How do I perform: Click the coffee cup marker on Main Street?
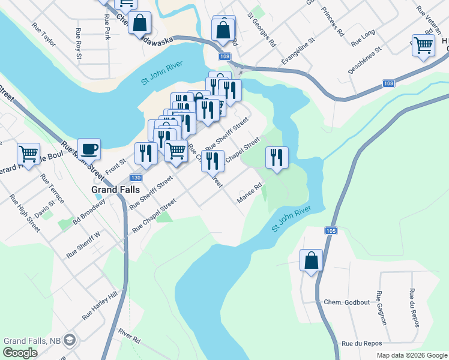[89, 148]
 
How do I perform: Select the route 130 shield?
[136, 178]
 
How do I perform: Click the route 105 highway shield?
[331, 230]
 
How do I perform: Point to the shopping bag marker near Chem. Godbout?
[311, 260]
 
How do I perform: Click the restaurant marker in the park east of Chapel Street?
[277, 158]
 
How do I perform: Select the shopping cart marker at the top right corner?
[423, 45]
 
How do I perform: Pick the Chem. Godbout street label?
[345, 302]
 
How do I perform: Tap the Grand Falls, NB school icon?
[70, 340]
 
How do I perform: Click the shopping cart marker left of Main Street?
[28, 154]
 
